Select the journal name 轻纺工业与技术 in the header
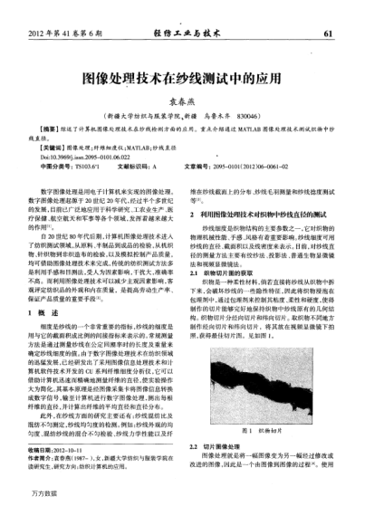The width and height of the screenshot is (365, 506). tap(183, 33)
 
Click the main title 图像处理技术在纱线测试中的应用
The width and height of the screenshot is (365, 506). tap(182, 78)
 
